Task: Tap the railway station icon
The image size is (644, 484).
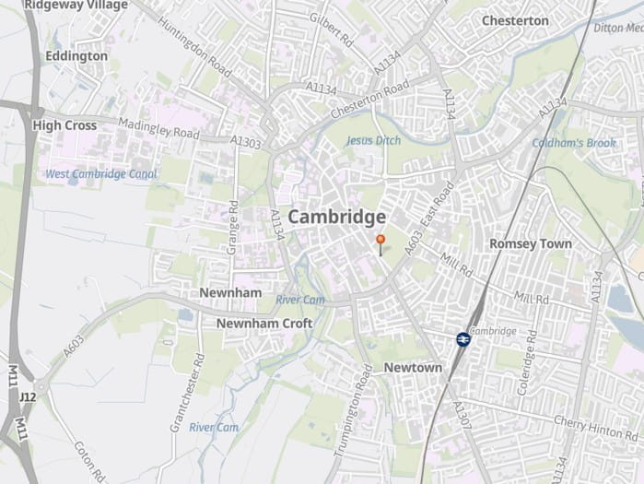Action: pyautogui.click(x=463, y=339)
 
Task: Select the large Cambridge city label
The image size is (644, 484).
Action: pyautogui.click(x=336, y=218)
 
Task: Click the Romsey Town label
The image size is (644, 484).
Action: pyautogui.click(x=530, y=243)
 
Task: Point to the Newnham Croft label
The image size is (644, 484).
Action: pyautogui.click(x=263, y=324)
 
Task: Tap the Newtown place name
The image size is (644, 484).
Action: pyautogui.click(x=413, y=367)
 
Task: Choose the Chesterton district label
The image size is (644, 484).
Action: pyautogui.click(x=515, y=20)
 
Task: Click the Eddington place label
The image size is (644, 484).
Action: pyautogui.click(x=76, y=56)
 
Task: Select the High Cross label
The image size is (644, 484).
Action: pyautogui.click(x=64, y=124)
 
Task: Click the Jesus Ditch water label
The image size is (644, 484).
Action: pyautogui.click(x=373, y=141)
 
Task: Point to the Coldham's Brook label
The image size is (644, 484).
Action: pyautogui.click(x=573, y=143)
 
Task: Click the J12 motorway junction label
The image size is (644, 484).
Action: pyautogui.click(x=27, y=397)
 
